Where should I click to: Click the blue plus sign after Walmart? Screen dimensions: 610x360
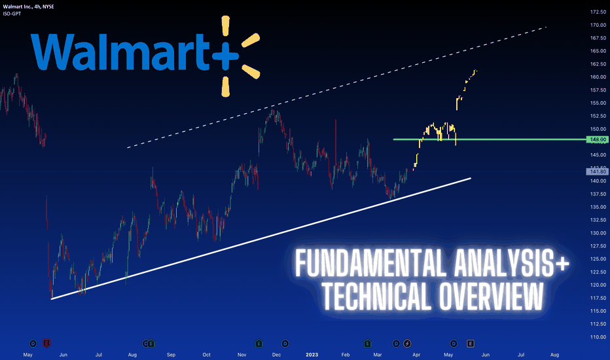point(225,56)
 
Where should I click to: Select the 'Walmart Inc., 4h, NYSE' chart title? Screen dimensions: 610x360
point(28,7)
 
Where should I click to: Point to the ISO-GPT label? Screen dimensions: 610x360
point(12,14)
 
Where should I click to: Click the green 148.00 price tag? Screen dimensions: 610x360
point(598,139)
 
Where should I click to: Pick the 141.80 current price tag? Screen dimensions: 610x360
point(598,171)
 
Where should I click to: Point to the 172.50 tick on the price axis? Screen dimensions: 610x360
point(598,12)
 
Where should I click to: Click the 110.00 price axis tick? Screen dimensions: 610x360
point(598,337)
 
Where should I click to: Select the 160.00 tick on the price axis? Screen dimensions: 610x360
point(598,77)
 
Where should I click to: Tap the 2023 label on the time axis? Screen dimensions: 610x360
point(312,355)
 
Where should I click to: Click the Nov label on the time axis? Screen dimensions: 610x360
point(242,355)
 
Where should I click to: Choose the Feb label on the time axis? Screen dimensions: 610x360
point(346,355)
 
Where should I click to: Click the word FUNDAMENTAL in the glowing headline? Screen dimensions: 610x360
point(370,263)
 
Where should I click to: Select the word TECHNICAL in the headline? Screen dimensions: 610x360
point(378,297)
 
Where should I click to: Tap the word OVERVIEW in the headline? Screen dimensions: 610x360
point(492,297)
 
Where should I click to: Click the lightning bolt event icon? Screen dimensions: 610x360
point(407,344)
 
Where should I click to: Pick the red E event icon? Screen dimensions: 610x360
point(46,344)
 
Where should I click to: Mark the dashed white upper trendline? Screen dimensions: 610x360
point(337,88)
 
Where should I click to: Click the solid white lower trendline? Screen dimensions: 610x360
point(261,238)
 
